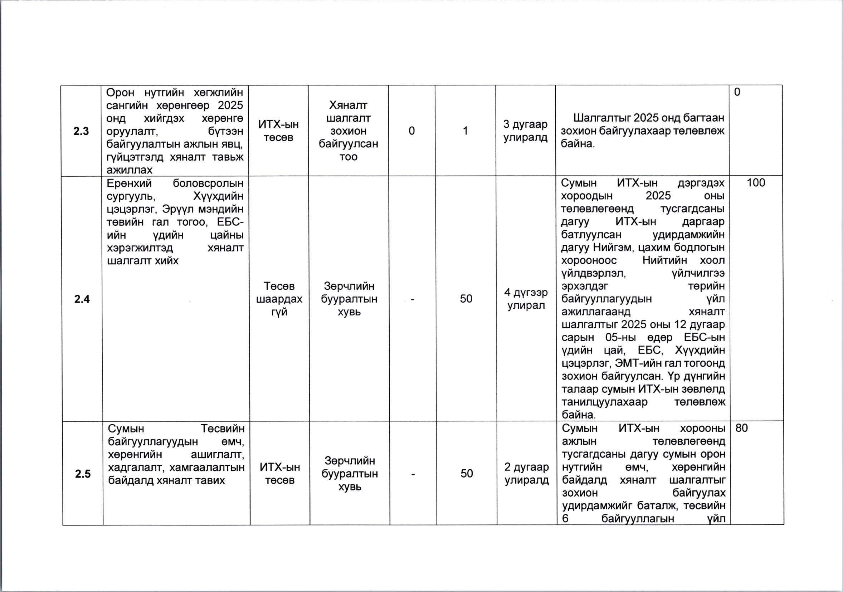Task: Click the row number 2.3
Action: (x=81, y=131)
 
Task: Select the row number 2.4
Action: (x=82, y=299)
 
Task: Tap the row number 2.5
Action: (x=83, y=474)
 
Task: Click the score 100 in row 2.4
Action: (x=756, y=183)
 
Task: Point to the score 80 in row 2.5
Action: (x=742, y=428)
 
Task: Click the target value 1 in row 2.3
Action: (x=466, y=131)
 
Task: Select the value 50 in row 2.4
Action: (x=466, y=299)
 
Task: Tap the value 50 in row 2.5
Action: (x=467, y=474)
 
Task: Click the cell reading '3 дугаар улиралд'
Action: (x=525, y=131)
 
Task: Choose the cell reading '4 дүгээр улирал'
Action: (x=526, y=299)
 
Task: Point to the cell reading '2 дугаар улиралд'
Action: (x=526, y=474)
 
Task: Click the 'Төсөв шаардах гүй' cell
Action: (x=279, y=299)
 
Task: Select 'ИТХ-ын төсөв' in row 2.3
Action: (x=279, y=131)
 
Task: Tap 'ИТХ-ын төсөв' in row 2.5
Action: (x=280, y=474)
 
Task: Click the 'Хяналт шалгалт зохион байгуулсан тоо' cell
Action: (x=349, y=131)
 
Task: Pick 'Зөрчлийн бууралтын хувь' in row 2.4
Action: (x=349, y=299)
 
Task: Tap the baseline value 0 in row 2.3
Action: (x=411, y=131)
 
